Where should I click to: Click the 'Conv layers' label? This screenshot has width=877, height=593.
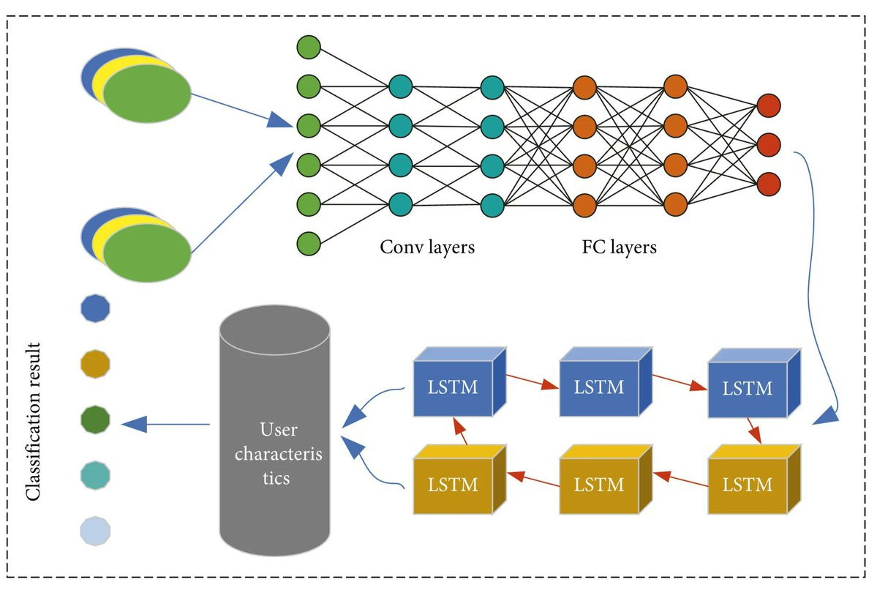pyautogui.click(x=427, y=247)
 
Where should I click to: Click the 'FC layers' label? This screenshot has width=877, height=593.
pyautogui.click(x=614, y=247)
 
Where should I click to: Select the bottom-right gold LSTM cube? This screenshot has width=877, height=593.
pyautogui.click(x=747, y=483)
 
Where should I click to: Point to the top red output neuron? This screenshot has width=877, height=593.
pyautogui.click(x=769, y=105)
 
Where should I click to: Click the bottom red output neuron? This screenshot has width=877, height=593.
pyautogui.click(x=769, y=183)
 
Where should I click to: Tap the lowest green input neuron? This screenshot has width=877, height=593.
pyautogui.click(x=309, y=242)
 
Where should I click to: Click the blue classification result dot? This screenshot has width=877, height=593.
pyautogui.click(x=96, y=309)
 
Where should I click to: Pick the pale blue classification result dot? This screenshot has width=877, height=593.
pyautogui.click(x=96, y=530)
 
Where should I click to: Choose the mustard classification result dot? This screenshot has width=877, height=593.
pyautogui.click(x=96, y=364)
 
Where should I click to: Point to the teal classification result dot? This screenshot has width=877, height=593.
pyautogui.click(x=96, y=475)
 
